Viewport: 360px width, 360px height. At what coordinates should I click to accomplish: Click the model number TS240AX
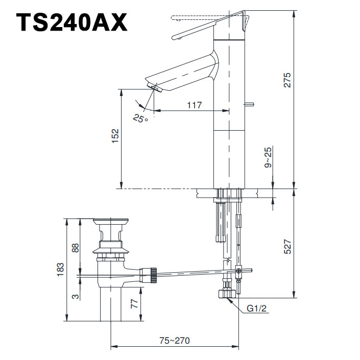[71, 22]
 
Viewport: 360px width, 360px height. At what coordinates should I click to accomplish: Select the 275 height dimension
[287, 80]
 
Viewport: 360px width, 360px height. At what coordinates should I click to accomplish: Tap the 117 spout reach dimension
[194, 105]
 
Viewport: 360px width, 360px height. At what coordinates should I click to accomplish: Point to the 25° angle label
[140, 118]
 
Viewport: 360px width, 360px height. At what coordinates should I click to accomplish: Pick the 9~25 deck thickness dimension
[269, 158]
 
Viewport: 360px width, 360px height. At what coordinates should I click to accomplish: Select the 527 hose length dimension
[287, 247]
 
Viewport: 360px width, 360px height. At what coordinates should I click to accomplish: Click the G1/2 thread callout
[257, 309]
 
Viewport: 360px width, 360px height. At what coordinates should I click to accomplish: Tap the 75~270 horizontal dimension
[174, 340]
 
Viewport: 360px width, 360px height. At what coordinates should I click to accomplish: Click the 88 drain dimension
[75, 248]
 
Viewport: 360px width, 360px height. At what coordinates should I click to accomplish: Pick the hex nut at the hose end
[225, 294]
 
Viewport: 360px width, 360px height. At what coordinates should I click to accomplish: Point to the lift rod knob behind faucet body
[249, 105]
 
